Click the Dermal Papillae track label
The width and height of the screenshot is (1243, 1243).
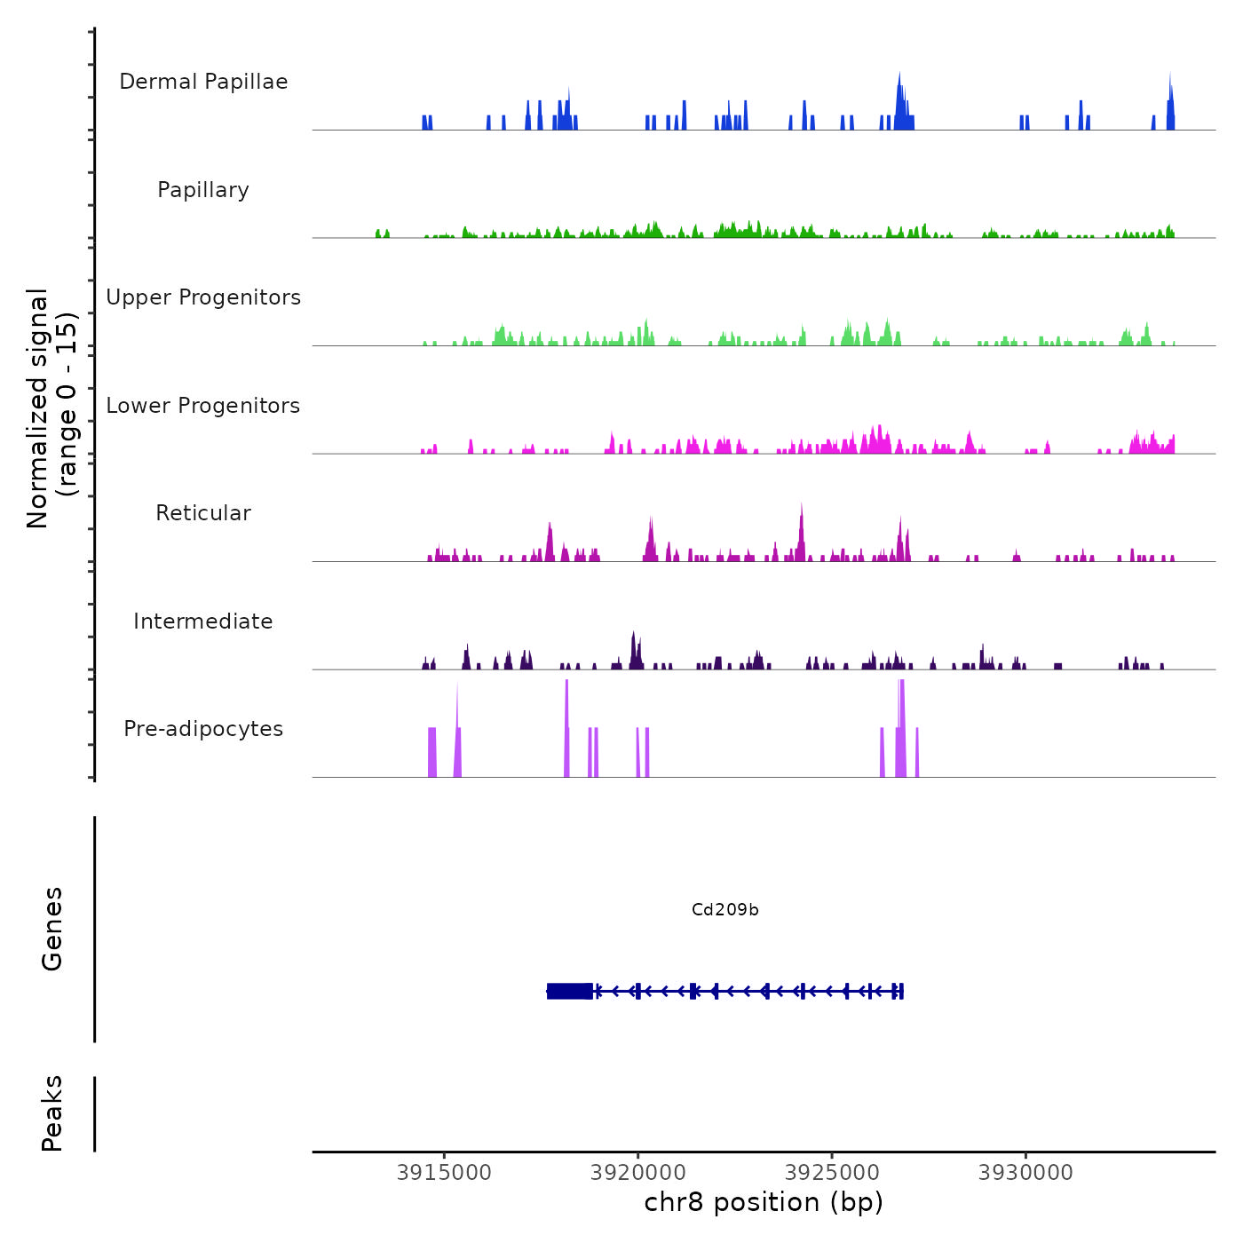point(203,82)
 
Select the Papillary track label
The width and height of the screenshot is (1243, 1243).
point(203,190)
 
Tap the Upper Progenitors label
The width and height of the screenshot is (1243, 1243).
point(203,297)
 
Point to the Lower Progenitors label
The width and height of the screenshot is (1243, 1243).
point(203,406)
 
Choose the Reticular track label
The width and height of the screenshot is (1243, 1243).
point(203,513)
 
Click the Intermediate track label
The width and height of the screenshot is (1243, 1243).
point(203,621)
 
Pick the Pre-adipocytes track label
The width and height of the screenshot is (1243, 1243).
point(203,729)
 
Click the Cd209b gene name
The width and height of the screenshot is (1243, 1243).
point(724,910)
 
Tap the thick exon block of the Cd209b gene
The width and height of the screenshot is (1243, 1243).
point(570,991)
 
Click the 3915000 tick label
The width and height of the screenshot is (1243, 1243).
point(444,1173)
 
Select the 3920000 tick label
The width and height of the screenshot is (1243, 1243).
point(637,1173)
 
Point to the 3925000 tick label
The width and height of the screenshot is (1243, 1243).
point(832,1173)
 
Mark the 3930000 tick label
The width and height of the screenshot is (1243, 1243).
point(1025,1173)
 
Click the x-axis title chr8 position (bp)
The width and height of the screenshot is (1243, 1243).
point(764,1202)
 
